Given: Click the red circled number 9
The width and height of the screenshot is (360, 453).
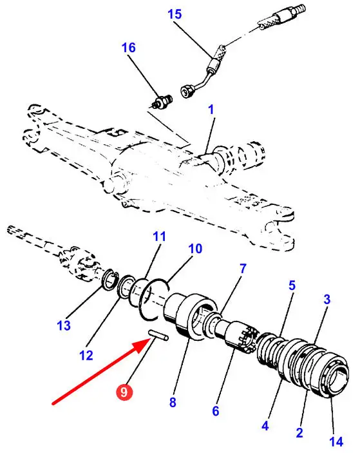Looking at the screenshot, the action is click(124, 392).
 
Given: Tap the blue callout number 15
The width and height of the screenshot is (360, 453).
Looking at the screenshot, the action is click(175, 14).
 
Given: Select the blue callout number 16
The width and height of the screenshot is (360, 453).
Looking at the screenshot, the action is click(128, 48).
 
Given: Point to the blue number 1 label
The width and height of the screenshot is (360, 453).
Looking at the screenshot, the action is click(211, 110).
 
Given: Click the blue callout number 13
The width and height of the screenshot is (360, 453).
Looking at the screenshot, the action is click(64, 325).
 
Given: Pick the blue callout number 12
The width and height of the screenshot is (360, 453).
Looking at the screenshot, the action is click(86, 355).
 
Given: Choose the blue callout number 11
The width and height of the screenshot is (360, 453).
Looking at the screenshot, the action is click(159, 236).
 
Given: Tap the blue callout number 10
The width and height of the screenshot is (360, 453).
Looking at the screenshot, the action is click(195, 249).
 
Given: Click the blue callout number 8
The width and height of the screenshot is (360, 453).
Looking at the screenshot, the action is click(173, 402).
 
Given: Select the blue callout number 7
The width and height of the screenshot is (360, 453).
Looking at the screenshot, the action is click(243, 269).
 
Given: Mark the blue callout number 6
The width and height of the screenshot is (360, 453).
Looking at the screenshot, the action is click(216, 410).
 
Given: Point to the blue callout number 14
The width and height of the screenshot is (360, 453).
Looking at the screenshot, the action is click(336, 441).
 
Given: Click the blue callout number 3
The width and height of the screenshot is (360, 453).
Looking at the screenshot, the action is click(327, 299).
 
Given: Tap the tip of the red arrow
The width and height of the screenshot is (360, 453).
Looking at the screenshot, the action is click(149, 341).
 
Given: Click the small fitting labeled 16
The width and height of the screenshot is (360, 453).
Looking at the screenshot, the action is click(162, 102).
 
